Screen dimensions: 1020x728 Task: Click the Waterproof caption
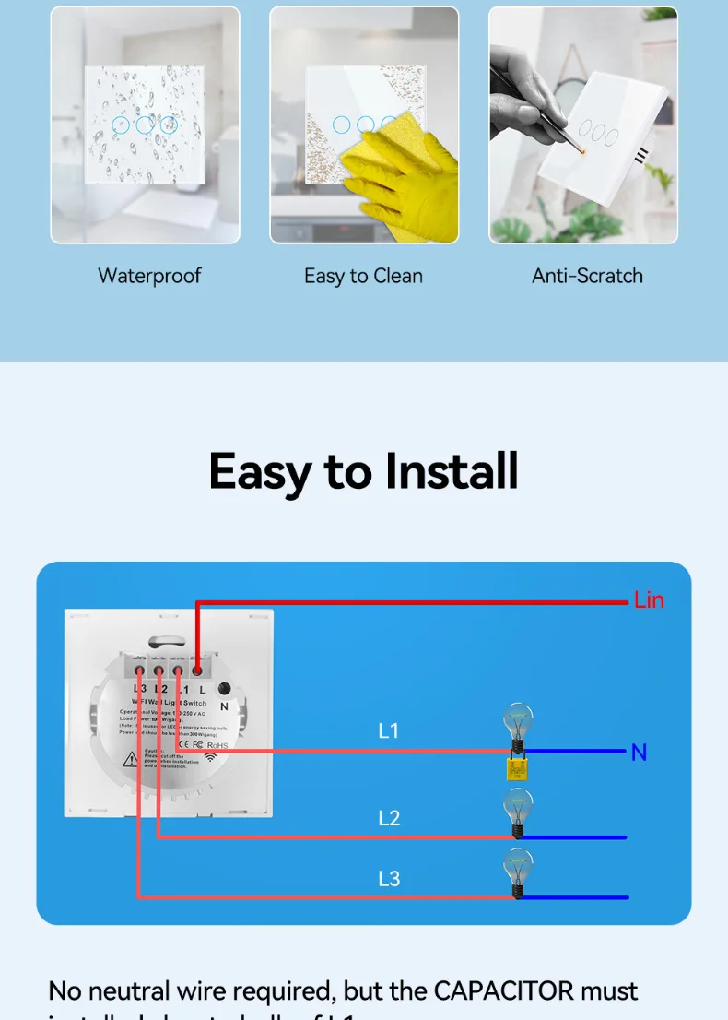coord(149,276)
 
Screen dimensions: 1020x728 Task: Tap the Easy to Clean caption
coord(363,276)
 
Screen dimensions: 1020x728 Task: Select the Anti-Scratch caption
coord(587,276)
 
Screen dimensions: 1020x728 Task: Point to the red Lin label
coord(649,600)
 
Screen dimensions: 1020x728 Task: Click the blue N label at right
coord(639,753)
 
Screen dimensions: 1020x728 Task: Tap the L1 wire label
coord(389,731)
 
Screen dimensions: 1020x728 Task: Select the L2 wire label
coord(389,818)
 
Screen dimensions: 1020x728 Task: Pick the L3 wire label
coord(389,878)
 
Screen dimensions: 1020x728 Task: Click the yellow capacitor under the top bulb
coord(517,769)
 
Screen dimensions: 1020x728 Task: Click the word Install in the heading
coord(452,471)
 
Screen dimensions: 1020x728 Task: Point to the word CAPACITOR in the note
coord(503,991)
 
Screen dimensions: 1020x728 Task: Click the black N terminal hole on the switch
coord(224,688)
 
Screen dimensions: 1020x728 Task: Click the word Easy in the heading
coord(260,473)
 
